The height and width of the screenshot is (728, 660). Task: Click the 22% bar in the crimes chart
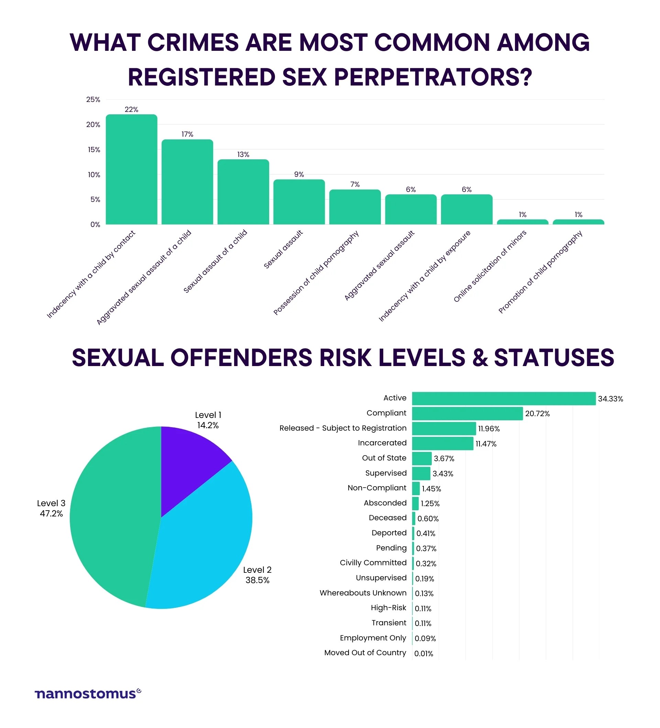pyautogui.click(x=131, y=170)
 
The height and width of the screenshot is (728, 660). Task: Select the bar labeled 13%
pyautogui.click(x=243, y=192)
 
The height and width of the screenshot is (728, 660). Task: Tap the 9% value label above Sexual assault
pyautogui.click(x=299, y=174)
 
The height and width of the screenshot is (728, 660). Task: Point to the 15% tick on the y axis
pyautogui.click(x=93, y=149)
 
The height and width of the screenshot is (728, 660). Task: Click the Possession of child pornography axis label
pyautogui.click(x=316, y=273)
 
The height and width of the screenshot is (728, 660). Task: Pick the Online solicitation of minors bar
pyautogui.click(x=522, y=222)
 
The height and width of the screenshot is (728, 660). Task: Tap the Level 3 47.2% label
pyautogui.click(x=51, y=509)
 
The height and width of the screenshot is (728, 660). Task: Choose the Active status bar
pyautogui.click(x=503, y=399)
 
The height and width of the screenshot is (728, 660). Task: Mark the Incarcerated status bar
pyautogui.click(x=442, y=443)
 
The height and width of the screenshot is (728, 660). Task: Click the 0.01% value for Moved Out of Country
pyautogui.click(x=423, y=653)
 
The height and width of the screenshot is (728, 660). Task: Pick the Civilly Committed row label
pyautogui.click(x=373, y=563)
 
